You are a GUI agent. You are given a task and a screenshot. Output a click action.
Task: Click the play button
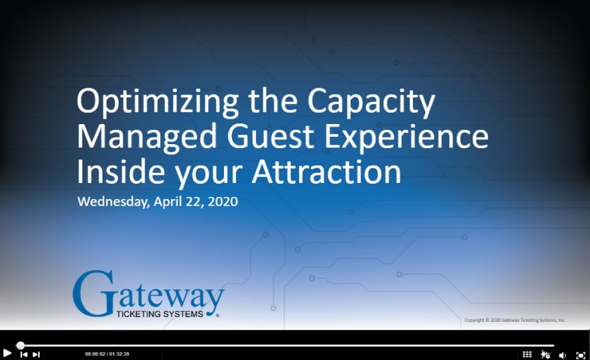[7, 353]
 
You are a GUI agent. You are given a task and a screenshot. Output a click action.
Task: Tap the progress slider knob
[20, 345]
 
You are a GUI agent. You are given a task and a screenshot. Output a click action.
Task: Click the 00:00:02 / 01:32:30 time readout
[107, 354]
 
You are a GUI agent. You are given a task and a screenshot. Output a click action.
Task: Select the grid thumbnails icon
[527, 355]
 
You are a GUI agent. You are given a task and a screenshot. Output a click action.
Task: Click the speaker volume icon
[563, 355]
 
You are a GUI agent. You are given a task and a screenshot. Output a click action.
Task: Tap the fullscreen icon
[581, 355]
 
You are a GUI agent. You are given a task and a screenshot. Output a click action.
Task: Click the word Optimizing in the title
[158, 103]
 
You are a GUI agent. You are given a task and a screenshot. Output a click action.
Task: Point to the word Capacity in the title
[371, 103]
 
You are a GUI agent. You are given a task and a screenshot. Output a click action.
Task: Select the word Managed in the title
[147, 137]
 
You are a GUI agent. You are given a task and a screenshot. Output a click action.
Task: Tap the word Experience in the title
[406, 137]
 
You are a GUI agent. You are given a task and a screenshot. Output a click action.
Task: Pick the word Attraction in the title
[327, 172]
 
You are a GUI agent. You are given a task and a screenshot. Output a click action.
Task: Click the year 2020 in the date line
[223, 201]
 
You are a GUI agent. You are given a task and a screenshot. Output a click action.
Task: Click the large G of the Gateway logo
[93, 294]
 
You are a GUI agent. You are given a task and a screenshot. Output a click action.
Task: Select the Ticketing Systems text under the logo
[160, 314]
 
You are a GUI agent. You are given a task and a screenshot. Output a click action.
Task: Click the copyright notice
[515, 320]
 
